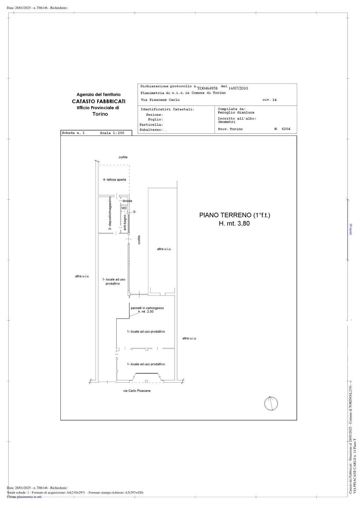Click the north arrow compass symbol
pyautogui.click(x=271, y=404)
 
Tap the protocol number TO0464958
pyautogui.click(x=207, y=88)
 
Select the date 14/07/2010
pyautogui.click(x=238, y=88)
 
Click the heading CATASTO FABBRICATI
pyautogui.click(x=99, y=101)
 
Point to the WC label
pyautogui.click(x=124, y=208)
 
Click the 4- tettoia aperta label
pyautogui.click(x=114, y=180)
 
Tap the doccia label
pyautogui.click(x=127, y=201)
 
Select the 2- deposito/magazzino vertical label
pyautogui.click(x=110, y=213)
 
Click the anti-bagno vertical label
pyautogui.click(x=125, y=223)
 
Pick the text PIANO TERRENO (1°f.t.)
pyautogui.click(x=235, y=215)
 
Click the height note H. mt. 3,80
pyautogui.click(x=234, y=223)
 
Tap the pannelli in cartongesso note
pyautogui.click(x=147, y=308)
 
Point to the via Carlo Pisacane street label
pyautogui.click(x=137, y=391)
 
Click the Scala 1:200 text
pyautogui.click(x=112, y=133)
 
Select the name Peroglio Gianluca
pyautogui.click(x=236, y=112)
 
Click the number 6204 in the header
pyautogui.click(x=286, y=129)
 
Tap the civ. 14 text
pyautogui.click(x=269, y=100)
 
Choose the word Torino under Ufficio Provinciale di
pyautogui.click(x=100, y=114)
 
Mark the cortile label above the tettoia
pyautogui.click(x=123, y=157)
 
